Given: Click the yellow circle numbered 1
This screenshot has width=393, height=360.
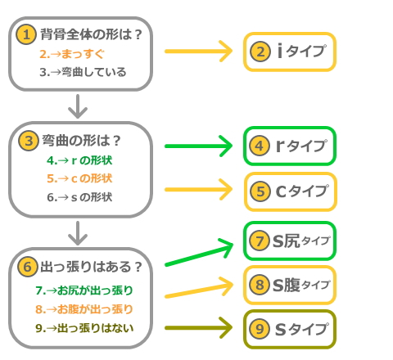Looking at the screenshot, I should [27, 34].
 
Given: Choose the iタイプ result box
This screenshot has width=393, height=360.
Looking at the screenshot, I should [290, 52].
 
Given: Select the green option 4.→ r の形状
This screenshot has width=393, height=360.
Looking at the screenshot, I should [79, 160].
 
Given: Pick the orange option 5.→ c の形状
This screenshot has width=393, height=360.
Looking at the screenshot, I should [79, 178].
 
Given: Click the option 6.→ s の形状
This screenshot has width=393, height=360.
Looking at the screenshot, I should [79, 197].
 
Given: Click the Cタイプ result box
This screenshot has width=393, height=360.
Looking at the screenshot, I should [290, 192].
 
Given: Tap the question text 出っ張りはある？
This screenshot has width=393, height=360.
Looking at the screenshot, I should [91, 267].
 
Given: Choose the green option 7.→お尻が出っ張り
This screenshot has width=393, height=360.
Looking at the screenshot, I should [84, 290].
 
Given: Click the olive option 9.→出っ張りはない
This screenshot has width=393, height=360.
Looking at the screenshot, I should [84, 327].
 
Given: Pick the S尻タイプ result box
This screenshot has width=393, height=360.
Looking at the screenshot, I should [290, 241].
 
